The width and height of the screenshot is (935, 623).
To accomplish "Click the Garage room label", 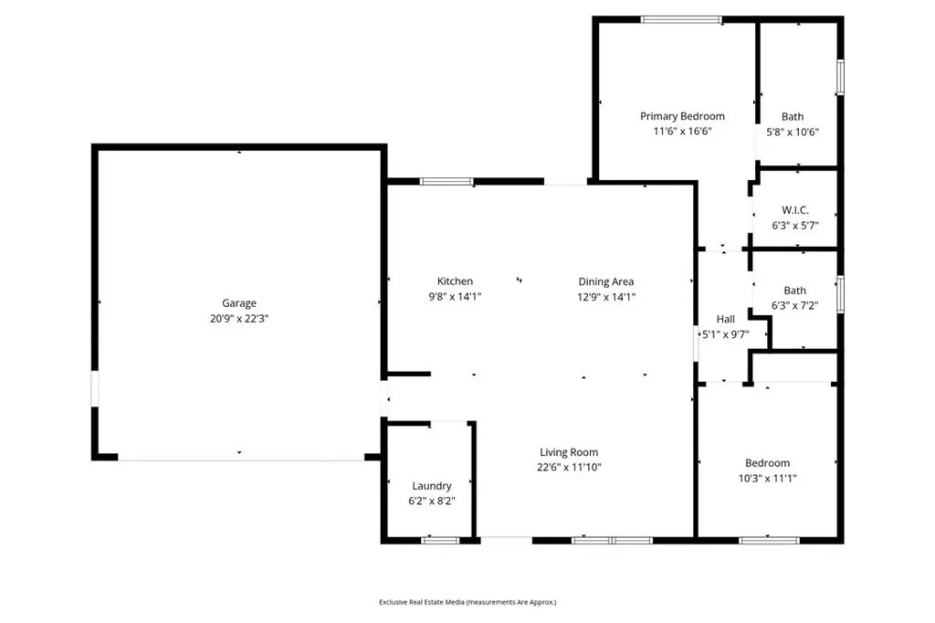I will pos(239,303).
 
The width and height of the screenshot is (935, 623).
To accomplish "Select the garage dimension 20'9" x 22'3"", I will pos(239,318).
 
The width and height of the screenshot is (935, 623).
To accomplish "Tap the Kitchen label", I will pos(455,281).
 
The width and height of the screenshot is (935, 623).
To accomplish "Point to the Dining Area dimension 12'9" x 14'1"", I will pos(606,296).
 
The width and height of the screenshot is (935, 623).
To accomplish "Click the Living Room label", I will pos(569,452).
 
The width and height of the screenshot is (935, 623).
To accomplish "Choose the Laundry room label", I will pos(431,486).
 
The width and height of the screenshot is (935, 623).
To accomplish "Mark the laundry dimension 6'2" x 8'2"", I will pos(431,501).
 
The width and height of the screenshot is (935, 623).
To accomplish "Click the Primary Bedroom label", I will pos(682,116).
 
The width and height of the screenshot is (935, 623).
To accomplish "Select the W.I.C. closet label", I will pos(794,210).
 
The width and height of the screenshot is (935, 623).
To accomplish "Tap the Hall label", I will pos(725,319).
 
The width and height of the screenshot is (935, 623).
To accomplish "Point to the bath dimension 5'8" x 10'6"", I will pos(793,132).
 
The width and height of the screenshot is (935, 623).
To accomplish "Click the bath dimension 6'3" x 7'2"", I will pos(794,306).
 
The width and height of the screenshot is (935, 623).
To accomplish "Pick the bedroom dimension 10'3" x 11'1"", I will pos(767,478).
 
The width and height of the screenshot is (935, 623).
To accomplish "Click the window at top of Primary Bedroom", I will pos(681,19).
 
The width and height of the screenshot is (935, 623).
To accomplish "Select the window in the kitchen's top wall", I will pos(446,182).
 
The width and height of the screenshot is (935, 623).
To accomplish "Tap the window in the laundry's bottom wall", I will pos(440,541).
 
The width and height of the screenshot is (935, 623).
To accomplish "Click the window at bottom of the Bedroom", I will pos(769,541).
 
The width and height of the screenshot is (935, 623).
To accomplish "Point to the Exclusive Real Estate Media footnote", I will pos(467,602).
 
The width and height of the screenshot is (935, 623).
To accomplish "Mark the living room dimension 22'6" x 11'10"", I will pos(569,467).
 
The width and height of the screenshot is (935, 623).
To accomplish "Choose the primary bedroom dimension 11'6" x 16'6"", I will pos(682,131).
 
